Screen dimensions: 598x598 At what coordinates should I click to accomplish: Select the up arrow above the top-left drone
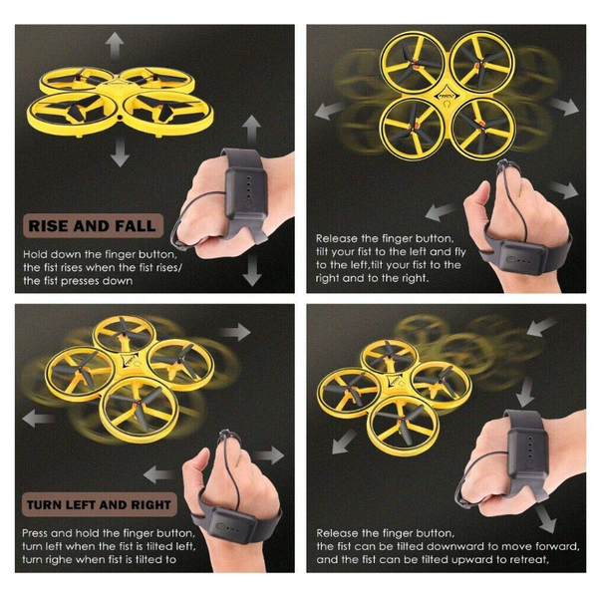click(115, 45)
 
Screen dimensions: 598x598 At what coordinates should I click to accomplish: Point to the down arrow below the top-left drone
click(121, 151)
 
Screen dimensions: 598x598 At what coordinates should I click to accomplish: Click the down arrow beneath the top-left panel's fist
click(252, 270)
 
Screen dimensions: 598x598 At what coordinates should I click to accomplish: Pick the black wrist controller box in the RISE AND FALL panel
click(245, 195)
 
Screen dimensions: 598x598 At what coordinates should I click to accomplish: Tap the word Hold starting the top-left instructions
click(36, 254)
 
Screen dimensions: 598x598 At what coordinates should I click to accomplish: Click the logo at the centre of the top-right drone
click(447, 99)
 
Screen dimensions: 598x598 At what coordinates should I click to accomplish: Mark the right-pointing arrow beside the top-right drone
click(565, 107)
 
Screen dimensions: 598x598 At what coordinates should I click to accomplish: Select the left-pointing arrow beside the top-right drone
click(330, 110)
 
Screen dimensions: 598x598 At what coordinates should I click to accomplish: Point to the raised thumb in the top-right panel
click(478, 200)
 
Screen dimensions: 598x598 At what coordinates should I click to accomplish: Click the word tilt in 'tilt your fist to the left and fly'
click(323, 252)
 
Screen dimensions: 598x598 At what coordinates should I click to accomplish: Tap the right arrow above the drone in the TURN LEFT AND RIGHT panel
click(235, 332)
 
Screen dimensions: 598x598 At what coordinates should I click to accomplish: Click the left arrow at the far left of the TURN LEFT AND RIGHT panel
click(38, 418)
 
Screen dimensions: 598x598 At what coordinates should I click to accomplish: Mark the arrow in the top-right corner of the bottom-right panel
click(541, 327)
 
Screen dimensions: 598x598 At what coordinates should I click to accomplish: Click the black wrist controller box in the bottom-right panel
click(528, 452)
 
